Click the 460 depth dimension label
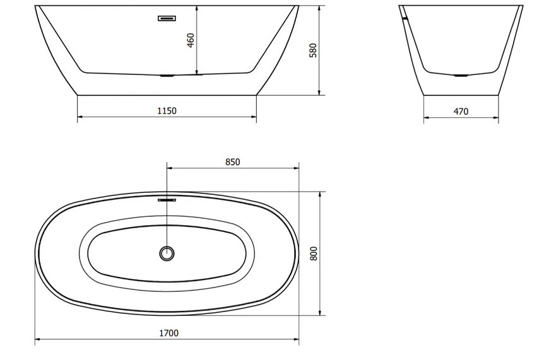pyautogui.click(x=191, y=40)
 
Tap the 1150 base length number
pyautogui.click(x=167, y=111)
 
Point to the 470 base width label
pyautogui.click(x=461, y=111)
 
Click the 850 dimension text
pyautogui.click(x=232, y=162)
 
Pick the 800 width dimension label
pyautogui.click(x=314, y=253)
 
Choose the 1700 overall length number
pyautogui.click(x=168, y=333)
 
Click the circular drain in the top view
pyautogui.click(x=167, y=253)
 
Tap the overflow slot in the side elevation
pyautogui.click(x=167, y=18)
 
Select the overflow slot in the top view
pyautogui.click(x=167, y=200)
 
